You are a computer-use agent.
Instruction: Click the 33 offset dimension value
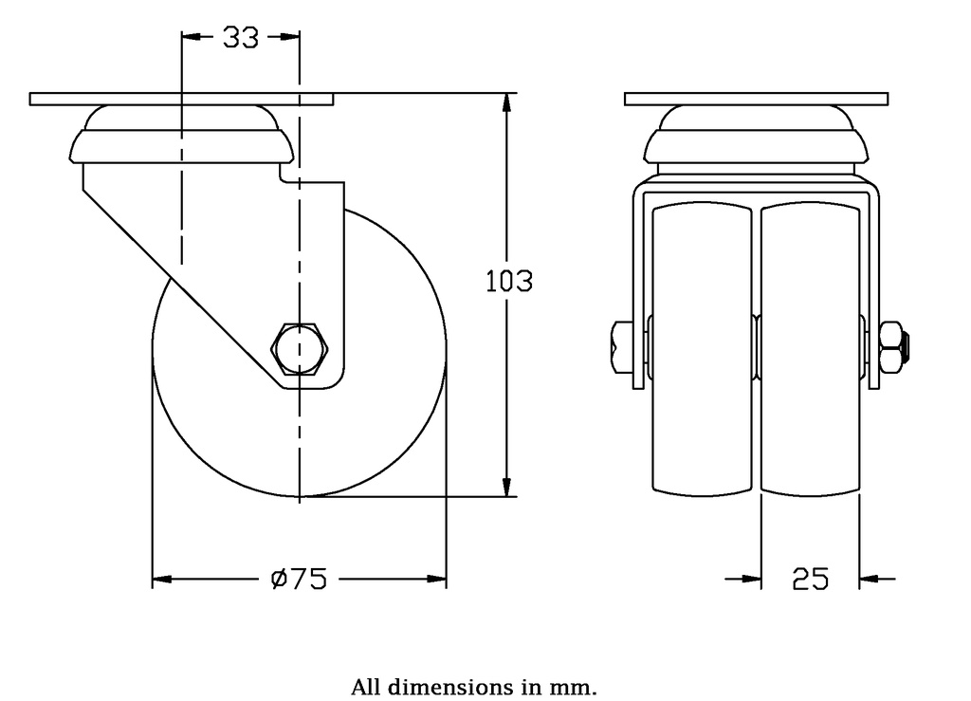[x=241, y=37]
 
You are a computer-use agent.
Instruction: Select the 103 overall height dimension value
[x=509, y=282]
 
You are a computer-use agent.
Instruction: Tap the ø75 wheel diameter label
[x=299, y=578]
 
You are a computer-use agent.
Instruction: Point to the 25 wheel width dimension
[x=811, y=578]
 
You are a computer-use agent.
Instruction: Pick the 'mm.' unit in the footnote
[x=578, y=687]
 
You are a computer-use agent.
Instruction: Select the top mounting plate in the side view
[x=181, y=99]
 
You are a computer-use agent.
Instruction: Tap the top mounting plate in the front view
[x=757, y=99]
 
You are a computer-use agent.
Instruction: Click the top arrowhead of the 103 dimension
[x=509, y=102]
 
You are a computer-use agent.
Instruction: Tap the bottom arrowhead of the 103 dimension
[x=509, y=487]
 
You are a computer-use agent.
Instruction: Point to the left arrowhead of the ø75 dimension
[x=162, y=578]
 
